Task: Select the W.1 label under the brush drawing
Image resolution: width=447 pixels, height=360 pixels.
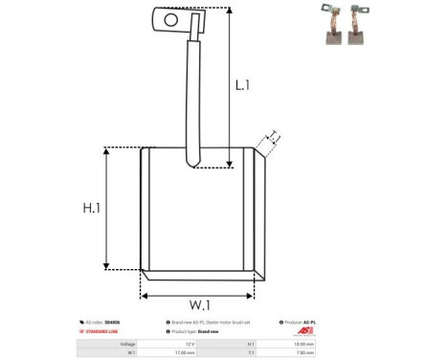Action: pyautogui.click(x=200, y=304)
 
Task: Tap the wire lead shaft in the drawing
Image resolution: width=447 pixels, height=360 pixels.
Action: pyautogui.click(x=195, y=96)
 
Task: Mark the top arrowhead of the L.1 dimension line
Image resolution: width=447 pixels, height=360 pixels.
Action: pyautogui.click(x=231, y=11)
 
